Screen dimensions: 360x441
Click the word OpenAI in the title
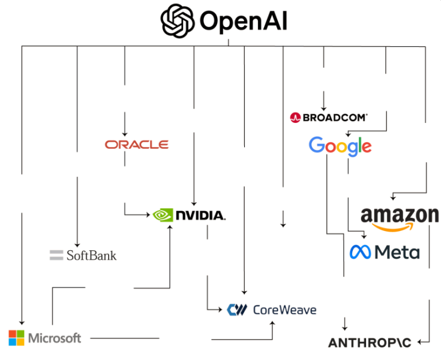coord(243,22)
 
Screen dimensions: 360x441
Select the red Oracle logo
coord(136,145)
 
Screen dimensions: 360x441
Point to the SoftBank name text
coord(91,255)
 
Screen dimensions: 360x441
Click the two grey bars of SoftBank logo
coord(56,255)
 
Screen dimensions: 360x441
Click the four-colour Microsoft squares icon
coord(17,337)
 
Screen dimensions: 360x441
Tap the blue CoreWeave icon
coord(237,310)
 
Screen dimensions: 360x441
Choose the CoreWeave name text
coord(284,310)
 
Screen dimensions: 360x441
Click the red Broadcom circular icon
coord(295,118)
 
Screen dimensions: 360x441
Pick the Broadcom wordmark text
coord(335,118)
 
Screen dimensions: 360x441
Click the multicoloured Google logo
coord(340,146)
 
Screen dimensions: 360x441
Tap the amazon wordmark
coord(400,215)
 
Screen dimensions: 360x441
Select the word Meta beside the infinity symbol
coord(397,252)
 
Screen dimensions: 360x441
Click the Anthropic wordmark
coord(370,343)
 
